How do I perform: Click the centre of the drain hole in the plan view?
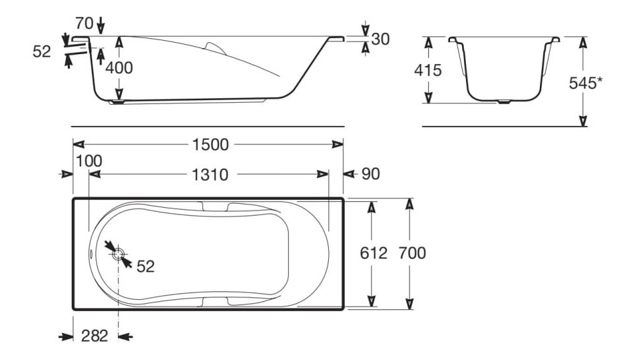[118, 255]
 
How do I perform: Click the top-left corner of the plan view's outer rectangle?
[73, 198]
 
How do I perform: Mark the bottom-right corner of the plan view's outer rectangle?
[343, 310]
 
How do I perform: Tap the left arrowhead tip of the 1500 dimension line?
[73, 144]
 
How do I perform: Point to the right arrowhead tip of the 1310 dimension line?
[329, 174]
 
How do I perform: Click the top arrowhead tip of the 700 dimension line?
[409, 198]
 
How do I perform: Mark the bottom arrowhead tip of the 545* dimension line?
[583, 126]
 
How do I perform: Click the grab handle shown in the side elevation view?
[216, 47]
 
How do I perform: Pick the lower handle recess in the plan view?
[215, 301]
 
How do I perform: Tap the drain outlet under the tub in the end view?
[503, 102]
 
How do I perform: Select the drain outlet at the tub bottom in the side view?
[118, 102]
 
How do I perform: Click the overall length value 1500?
[210, 144]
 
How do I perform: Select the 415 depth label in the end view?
[428, 71]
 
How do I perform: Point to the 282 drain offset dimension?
[95, 336]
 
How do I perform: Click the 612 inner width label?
[373, 253]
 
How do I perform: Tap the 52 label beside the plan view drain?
[146, 266]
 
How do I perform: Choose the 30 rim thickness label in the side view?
[380, 39]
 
